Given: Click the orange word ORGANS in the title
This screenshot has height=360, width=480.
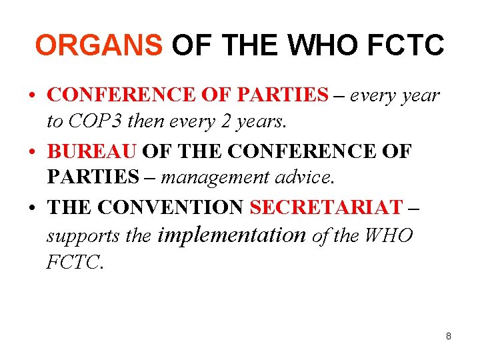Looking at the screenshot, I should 98,45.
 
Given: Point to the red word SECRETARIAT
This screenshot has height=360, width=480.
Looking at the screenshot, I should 327,207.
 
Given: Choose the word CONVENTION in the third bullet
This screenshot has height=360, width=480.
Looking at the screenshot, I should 171,207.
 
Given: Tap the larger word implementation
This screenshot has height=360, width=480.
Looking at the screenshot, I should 231,235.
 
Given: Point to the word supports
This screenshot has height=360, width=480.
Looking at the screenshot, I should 73,236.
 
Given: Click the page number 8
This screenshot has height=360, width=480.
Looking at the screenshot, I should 449,336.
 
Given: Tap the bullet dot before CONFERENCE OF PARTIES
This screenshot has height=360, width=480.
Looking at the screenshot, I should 32,95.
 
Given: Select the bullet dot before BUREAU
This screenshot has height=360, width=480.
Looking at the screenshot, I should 32,152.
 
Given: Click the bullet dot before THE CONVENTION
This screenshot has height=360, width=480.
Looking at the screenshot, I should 32,208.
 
